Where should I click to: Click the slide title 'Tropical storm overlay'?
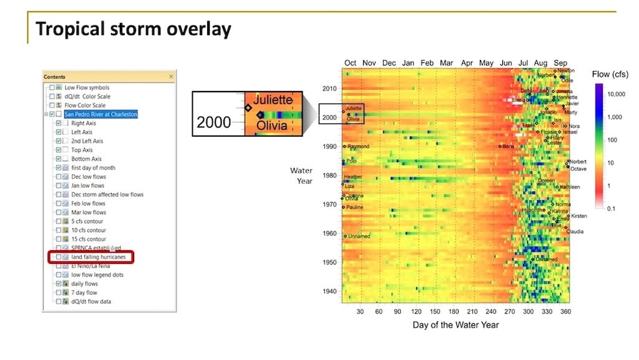(133, 29)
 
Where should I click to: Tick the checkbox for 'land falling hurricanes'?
(59, 257)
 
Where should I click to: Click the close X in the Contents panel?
(171, 77)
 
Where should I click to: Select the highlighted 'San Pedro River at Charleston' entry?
(100, 114)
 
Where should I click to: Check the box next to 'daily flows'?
(59, 284)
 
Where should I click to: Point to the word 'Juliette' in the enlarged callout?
(273, 100)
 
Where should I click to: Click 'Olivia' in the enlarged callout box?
(270, 125)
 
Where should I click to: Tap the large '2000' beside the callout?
(214, 123)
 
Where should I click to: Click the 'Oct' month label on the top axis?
(351, 63)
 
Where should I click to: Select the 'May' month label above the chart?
(486, 63)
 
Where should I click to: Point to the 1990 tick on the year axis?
(329, 147)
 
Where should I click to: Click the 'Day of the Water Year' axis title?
(456, 325)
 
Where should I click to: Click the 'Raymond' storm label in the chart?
(358, 147)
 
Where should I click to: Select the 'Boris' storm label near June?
(508, 147)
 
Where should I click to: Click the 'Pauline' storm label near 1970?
(354, 207)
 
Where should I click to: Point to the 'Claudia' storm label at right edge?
(575, 231)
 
